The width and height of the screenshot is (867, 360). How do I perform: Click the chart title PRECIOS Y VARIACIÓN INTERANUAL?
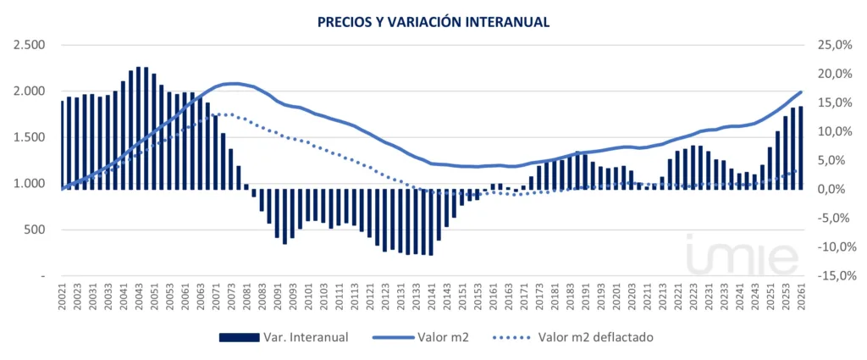coord(433,21)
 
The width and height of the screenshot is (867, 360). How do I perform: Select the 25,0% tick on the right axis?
coord(832,45)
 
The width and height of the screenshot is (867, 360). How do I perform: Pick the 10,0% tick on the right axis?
coord(832,131)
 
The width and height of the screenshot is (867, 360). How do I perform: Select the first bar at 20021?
coord(62,145)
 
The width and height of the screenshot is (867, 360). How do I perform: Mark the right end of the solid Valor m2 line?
coord(801,91)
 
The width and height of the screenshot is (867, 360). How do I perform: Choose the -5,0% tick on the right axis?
coord(832,219)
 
